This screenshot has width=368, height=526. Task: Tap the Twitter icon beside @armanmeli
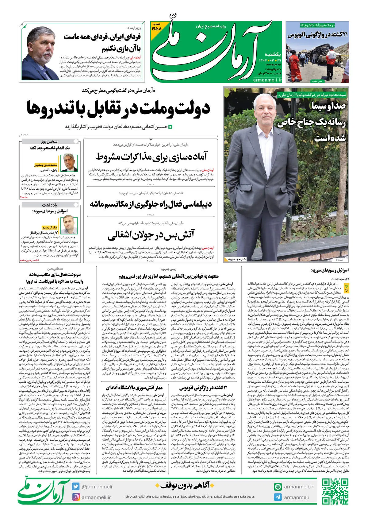point(76,486)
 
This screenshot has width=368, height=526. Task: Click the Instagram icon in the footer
point(76,497)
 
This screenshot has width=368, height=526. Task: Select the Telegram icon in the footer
point(278,497)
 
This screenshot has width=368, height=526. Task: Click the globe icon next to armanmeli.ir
point(278,487)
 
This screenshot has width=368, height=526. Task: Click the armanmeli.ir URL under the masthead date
point(267,80)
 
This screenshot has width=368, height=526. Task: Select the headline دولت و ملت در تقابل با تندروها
point(118,108)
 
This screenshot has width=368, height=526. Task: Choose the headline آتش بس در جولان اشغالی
point(151,235)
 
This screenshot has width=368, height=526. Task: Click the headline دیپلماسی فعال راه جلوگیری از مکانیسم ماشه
point(151,204)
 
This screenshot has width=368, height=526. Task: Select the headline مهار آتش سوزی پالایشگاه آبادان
point(134,388)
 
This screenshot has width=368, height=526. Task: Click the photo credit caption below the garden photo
point(236,259)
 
